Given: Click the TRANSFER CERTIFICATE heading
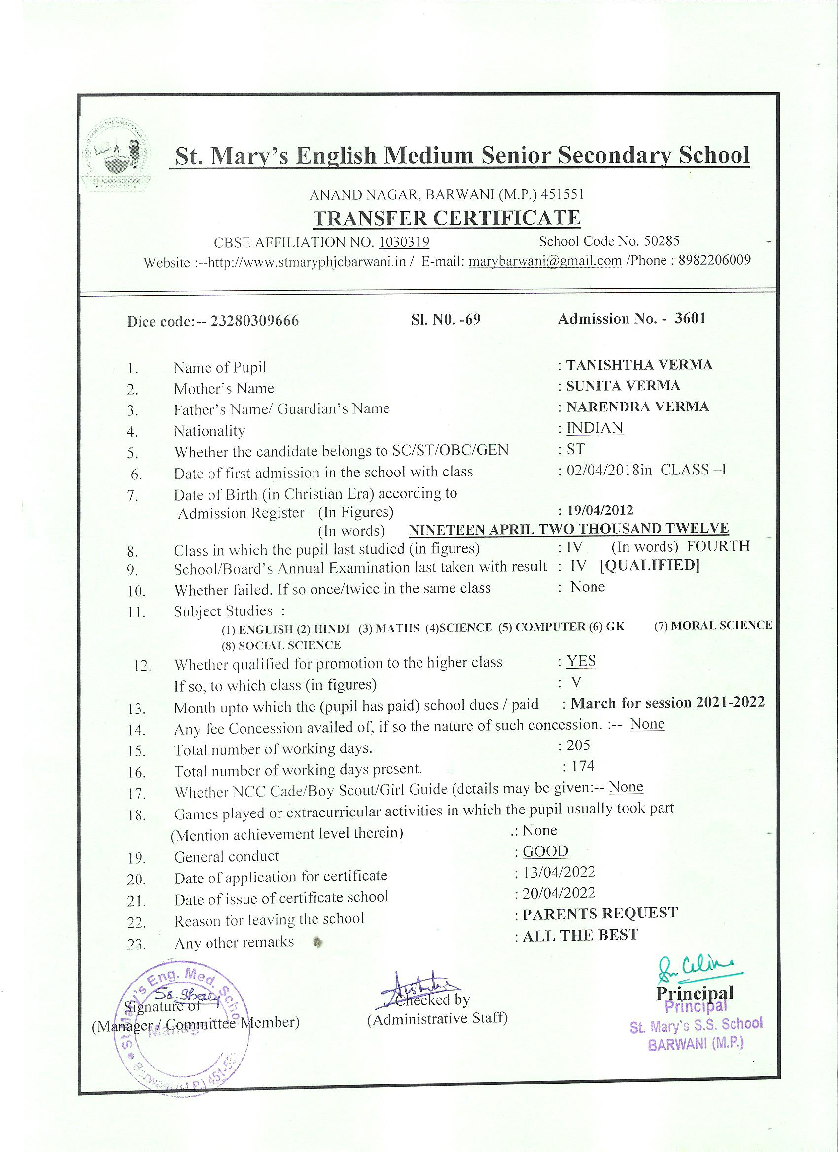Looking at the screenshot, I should [x=447, y=218].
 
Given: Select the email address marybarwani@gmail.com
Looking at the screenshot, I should [x=545, y=261].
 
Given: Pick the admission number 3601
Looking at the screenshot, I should [x=690, y=318].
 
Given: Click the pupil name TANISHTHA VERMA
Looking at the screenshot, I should [x=639, y=365].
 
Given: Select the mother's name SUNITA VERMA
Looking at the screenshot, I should [x=623, y=386].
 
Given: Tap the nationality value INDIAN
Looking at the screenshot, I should [x=594, y=428].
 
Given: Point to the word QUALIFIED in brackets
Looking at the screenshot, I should [x=650, y=565].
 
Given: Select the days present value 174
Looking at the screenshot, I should [x=582, y=766].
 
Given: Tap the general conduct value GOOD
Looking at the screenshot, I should [x=545, y=851].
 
